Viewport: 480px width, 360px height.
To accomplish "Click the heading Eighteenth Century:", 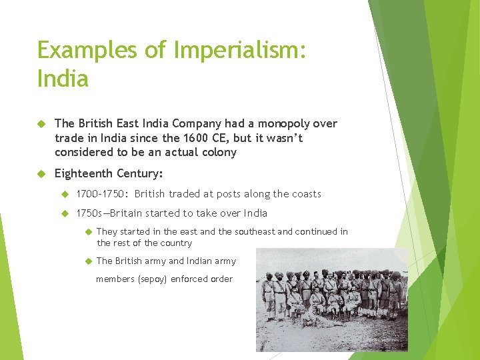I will (109, 173).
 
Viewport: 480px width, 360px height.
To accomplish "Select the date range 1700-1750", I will (101, 194).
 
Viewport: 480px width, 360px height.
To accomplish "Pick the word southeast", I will (253, 231).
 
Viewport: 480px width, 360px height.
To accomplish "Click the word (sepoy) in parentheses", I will (152, 279).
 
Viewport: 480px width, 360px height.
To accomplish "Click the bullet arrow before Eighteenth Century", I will (40, 173).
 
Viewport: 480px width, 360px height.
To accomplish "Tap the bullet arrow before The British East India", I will (40, 124).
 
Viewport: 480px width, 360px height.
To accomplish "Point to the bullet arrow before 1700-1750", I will (64, 194).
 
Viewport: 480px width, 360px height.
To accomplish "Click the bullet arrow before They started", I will (87, 231).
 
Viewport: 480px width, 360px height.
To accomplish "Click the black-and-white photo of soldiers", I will (332, 299).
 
